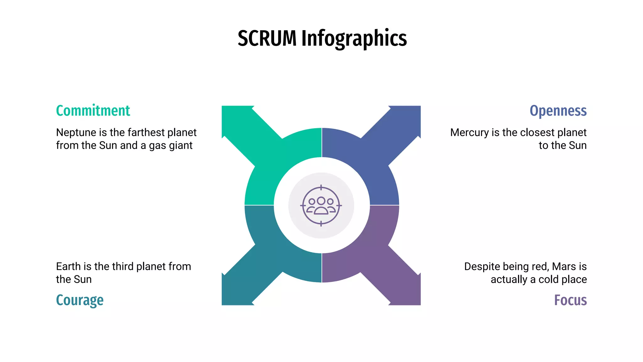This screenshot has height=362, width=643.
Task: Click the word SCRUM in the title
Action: click(x=267, y=39)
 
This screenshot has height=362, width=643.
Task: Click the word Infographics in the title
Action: click(x=354, y=39)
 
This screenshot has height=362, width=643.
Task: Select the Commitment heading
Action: click(x=93, y=111)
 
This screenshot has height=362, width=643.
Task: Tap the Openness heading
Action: click(x=558, y=111)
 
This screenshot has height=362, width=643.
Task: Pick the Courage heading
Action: click(x=80, y=300)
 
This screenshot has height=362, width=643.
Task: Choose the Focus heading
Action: click(x=570, y=300)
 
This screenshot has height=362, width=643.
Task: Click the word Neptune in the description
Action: click(x=76, y=133)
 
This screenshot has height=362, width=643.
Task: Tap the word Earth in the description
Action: click(x=69, y=266)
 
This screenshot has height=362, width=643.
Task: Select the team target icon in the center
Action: click(x=321, y=206)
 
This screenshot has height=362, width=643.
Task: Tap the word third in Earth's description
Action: click(x=123, y=266)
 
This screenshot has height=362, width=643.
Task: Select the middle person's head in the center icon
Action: click(x=321, y=200)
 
